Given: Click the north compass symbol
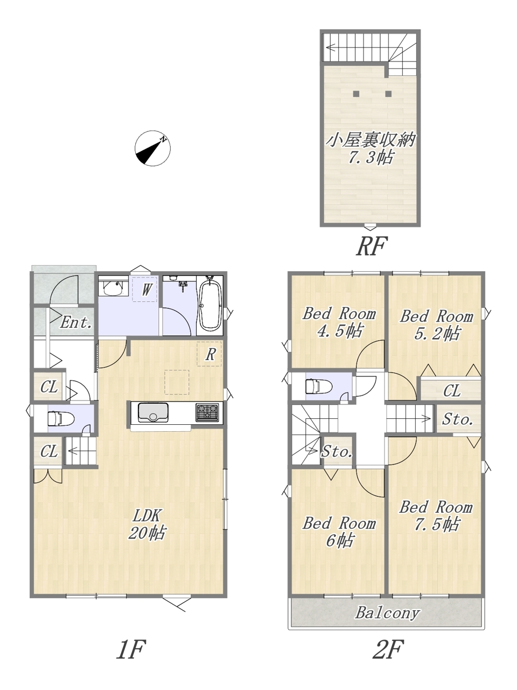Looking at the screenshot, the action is (152, 148).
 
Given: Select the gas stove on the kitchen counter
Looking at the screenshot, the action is (207, 412).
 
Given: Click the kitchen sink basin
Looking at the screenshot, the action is (153, 413).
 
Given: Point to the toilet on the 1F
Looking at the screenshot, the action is (61, 419).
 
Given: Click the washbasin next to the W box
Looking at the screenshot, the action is (113, 287).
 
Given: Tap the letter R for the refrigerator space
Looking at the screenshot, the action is (211, 355).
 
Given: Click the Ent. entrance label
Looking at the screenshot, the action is (76, 322).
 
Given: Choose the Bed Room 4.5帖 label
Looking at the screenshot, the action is (339, 322).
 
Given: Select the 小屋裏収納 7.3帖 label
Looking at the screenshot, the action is (370, 149).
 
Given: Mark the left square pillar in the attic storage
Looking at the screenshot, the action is (356, 93).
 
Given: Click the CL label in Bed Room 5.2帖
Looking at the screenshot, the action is (452, 391).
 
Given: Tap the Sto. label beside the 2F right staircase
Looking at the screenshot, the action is (458, 419).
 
